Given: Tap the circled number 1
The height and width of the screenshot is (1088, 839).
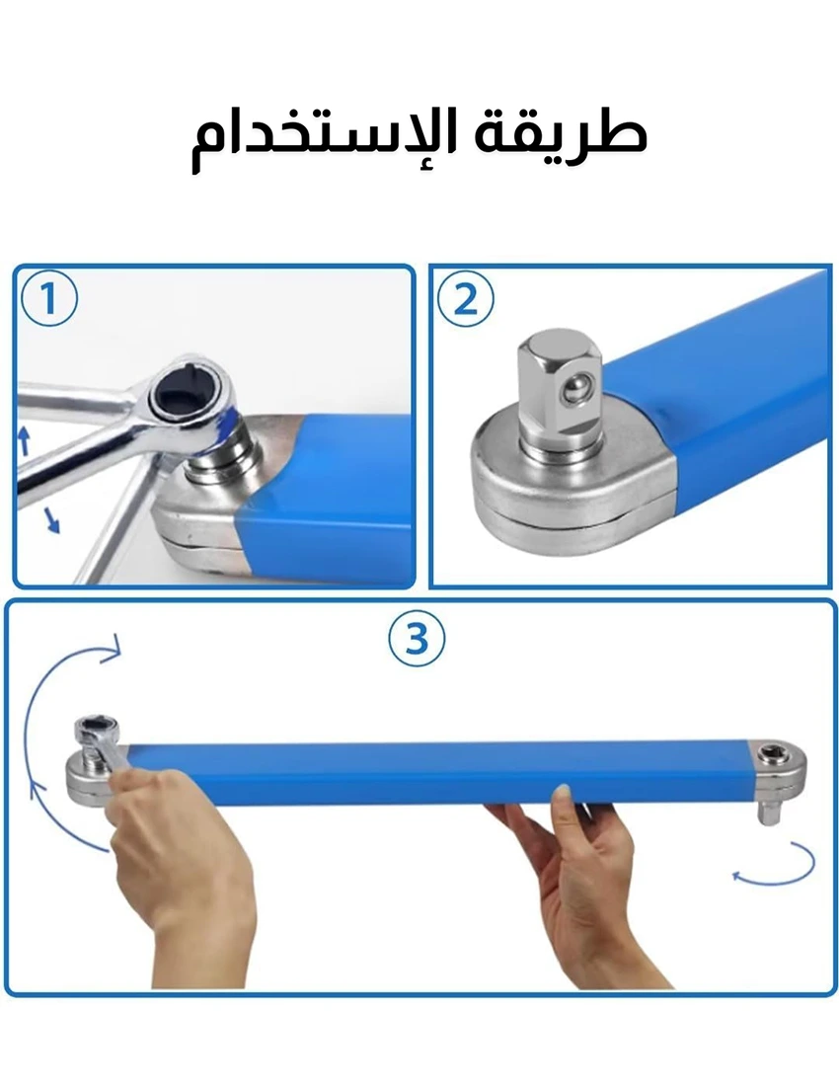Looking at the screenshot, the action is (x=48, y=300).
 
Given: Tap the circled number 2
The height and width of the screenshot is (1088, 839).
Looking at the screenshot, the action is (x=466, y=300).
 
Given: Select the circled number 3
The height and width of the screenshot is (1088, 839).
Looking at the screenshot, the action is (x=416, y=639).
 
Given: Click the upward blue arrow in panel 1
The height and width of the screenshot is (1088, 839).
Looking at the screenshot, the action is (x=25, y=441).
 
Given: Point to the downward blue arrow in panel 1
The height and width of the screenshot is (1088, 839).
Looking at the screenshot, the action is (x=50, y=519).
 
